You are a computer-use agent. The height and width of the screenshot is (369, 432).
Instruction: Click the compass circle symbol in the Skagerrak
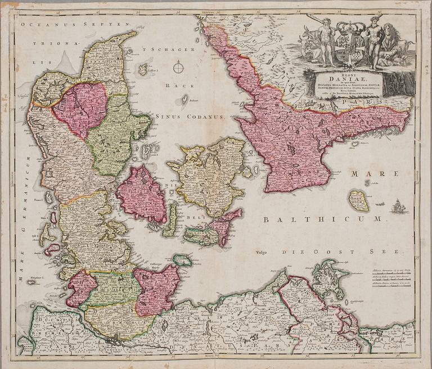[178, 68]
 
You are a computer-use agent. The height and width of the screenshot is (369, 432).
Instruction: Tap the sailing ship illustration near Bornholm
[399, 206]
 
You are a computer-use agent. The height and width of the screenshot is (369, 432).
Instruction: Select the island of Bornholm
[358, 200]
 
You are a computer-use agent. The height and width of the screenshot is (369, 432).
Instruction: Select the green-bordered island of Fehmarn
[182, 260]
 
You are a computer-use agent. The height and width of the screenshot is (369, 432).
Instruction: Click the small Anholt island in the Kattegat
[184, 100]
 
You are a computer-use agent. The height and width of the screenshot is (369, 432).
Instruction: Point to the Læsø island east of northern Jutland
[143, 69]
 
